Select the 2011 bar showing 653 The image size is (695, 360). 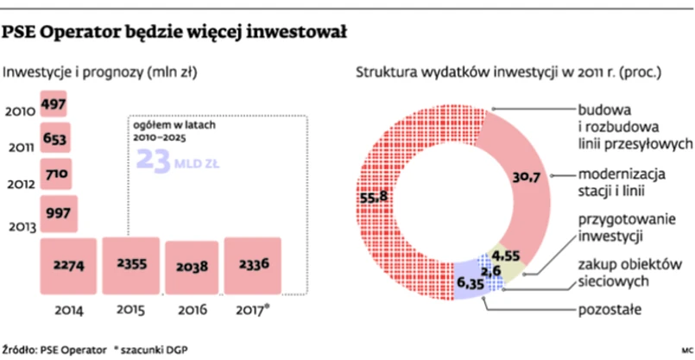coord(54,139)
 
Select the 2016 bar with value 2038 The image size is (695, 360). coord(190,268)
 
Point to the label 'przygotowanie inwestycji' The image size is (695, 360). coord(616,226)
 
